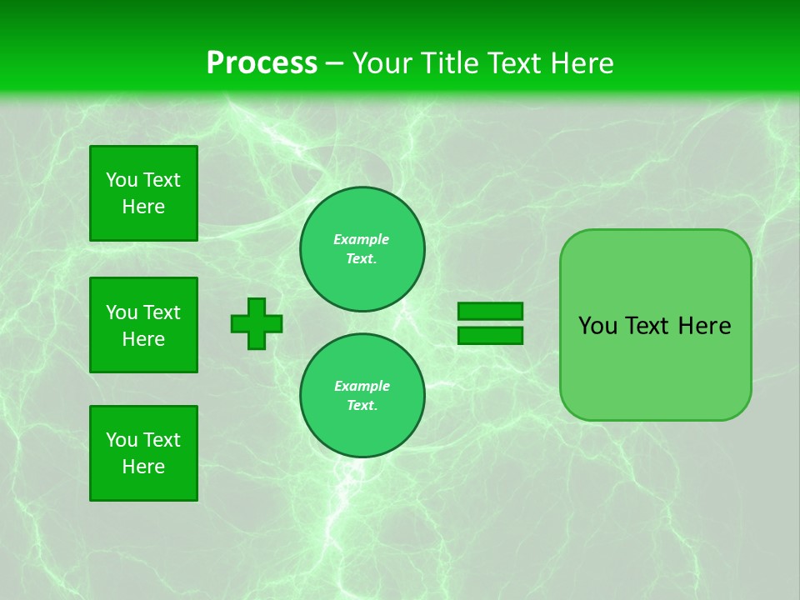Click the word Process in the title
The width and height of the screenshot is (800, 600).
tap(262, 63)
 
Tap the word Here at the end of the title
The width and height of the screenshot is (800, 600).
tap(581, 63)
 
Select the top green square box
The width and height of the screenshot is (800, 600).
tap(143, 193)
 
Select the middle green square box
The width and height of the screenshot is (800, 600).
tap(143, 325)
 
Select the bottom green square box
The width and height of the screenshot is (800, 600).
tap(143, 453)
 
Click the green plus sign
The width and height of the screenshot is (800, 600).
tap(257, 323)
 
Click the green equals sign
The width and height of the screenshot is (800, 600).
tap(490, 323)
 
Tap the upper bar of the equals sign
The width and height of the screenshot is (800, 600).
tap(490, 312)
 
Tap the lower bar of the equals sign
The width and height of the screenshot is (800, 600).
tap(490, 335)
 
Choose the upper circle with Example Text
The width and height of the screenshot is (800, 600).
tap(362, 249)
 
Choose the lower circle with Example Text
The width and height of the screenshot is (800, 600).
tap(362, 396)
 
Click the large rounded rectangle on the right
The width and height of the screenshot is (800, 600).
tap(655, 325)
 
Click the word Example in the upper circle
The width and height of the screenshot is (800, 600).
tap(362, 239)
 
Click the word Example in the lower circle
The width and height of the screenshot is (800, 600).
tap(362, 386)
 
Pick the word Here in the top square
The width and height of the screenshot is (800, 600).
tap(143, 207)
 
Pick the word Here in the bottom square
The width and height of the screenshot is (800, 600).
tap(143, 467)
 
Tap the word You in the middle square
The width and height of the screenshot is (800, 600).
tap(122, 312)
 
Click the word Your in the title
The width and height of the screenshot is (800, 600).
tap(380, 63)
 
